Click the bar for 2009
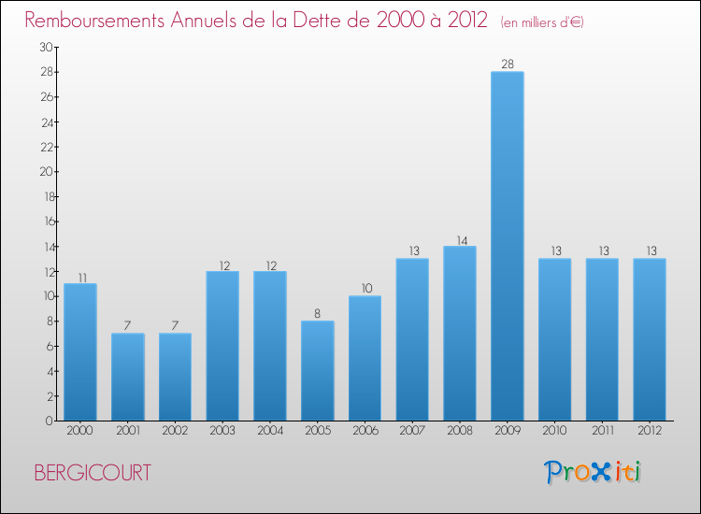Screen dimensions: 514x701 (508, 246)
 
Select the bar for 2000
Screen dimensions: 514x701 (79, 351)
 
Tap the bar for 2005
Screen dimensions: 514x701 (318, 370)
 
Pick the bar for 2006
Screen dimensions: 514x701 (365, 358)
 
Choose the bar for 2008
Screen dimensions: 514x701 (460, 333)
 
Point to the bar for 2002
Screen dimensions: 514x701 (175, 377)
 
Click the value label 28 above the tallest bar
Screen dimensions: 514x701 (508, 64)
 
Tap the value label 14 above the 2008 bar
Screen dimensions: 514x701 (460, 239)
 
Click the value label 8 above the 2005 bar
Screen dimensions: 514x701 (318, 314)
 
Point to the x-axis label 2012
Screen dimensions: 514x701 (650, 431)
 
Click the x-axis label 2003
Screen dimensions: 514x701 (222, 431)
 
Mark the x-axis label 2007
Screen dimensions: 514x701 (412, 431)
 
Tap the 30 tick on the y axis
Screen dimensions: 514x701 (46, 47)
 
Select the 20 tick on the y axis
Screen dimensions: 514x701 (46, 172)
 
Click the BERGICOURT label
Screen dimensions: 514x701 (92, 473)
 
